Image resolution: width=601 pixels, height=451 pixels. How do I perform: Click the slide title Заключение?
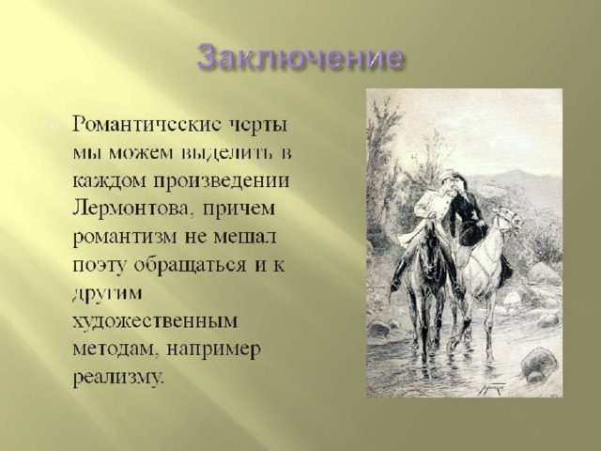coord(300,58)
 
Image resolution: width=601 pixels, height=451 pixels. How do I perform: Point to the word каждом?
coord(110,180)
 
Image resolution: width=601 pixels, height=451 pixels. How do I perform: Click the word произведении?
coord(222,181)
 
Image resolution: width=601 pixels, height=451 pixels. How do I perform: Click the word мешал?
coord(244,237)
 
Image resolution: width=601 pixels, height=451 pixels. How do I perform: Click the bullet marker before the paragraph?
coord(53,126)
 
